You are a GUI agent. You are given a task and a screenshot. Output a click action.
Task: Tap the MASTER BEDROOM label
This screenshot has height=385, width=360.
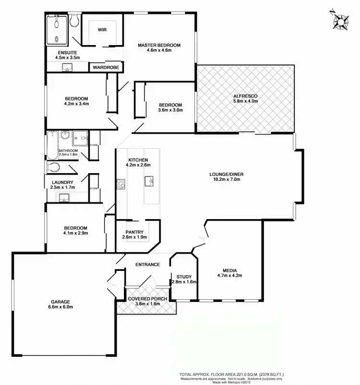point(159,46)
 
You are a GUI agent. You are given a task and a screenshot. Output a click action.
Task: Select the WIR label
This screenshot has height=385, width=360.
point(102,30)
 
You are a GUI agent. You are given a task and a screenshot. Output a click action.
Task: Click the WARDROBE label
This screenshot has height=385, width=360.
point(106,68)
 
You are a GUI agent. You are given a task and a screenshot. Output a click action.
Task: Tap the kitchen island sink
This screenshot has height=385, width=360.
point(149,181)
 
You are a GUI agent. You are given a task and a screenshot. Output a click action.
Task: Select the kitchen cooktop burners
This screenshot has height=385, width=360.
point(121,183)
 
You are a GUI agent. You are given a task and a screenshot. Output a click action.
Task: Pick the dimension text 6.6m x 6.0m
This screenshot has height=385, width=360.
point(63,308)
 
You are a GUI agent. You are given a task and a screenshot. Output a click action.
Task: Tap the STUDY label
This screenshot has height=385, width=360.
point(184,277)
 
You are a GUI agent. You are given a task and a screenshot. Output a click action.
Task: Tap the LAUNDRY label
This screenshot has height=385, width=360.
point(62,182)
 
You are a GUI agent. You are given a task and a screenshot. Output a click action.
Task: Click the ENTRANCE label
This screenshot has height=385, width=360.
point(147,265)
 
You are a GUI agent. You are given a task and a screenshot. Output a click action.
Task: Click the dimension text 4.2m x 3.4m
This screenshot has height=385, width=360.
point(77,103)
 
